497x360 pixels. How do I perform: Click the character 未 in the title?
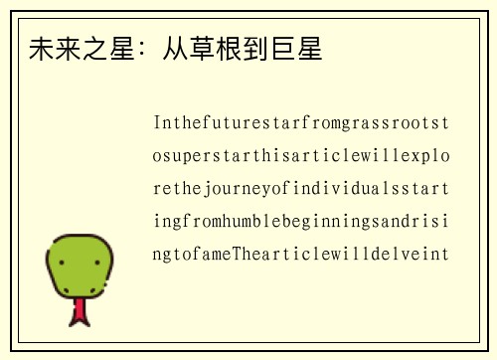(x=42, y=49)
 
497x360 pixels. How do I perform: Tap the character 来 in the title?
(x=68, y=49)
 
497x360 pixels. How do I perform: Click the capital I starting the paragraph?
(x=157, y=124)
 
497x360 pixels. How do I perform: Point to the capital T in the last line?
(x=236, y=254)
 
